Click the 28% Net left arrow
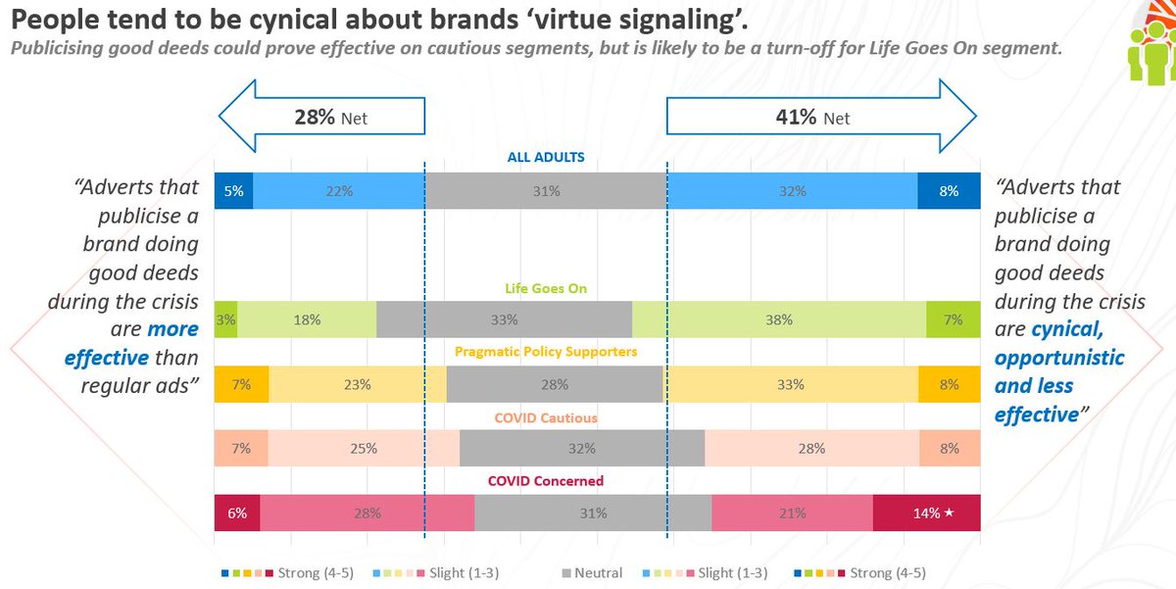tap(320, 118)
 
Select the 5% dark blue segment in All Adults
tap(233, 191)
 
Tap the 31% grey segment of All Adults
tap(546, 191)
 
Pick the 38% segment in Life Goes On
tap(779, 319)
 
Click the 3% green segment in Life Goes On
tap(225, 319)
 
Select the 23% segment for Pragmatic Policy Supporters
tap(357, 384)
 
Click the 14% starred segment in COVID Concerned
tap(925, 513)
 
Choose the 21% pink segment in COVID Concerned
tap(792, 513)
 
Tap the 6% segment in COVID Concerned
tap(237, 513)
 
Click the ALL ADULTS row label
tap(546, 157)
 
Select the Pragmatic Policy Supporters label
tap(546, 352)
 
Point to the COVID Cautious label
tap(546, 417)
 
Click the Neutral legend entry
tap(594, 572)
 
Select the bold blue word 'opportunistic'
tap(1058, 358)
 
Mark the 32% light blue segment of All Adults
tap(792, 191)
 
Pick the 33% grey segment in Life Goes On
tap(504, 319)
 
